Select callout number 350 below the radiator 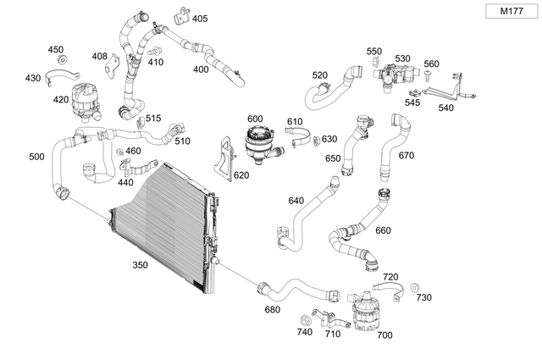(x=141, y=265)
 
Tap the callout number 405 (x=199, y=18)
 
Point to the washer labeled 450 (x=62, y=62)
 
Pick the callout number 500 (x=36, y=157)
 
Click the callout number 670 (x=406, y=155)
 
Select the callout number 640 (x=296, y=201)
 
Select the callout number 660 (x=383, y=230)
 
